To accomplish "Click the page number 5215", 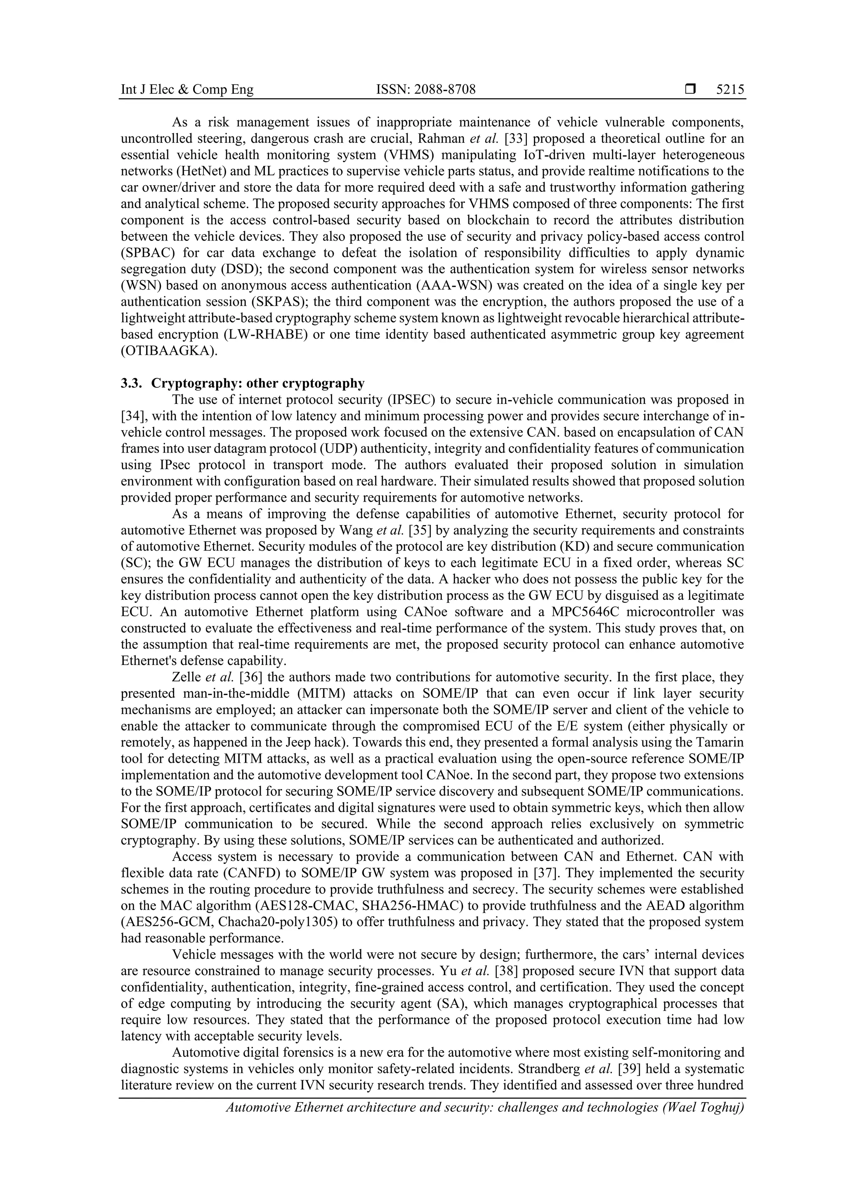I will point(729,90).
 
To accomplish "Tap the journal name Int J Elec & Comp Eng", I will point(187,90).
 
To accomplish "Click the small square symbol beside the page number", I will point(690,90).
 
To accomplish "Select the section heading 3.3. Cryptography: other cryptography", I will point(243,383).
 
